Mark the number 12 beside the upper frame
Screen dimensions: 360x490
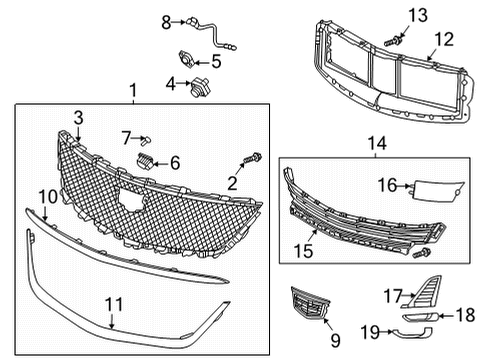(443, 40)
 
